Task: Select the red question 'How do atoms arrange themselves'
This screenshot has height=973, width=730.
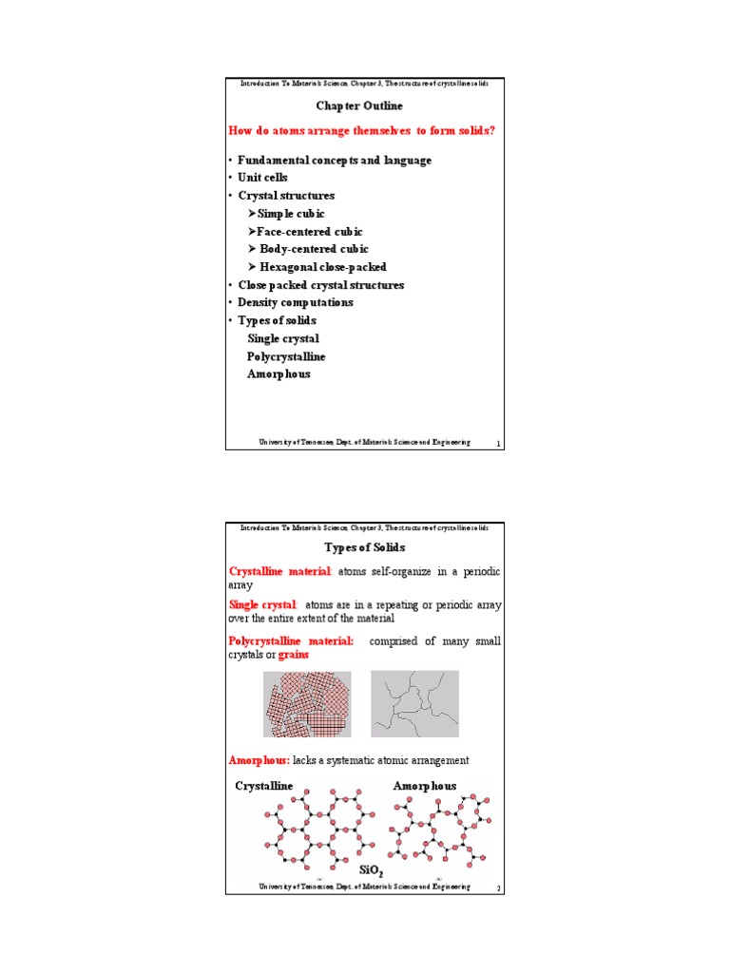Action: tap(362, 130)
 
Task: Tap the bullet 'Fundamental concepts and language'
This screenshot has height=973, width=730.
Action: tap(334, 161)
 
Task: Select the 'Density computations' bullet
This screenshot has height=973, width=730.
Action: tap(295, 302)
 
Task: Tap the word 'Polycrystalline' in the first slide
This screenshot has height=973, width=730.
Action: tap(285, 356)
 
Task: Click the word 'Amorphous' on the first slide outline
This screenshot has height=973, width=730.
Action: tap(279, 374)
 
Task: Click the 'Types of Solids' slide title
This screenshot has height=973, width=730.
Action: tap(364, 548)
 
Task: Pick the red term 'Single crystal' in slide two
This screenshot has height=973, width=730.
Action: tap(262, 605)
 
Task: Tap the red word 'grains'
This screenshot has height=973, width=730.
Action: tap(293, 656)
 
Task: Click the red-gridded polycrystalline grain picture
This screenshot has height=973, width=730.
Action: tap(306, 703)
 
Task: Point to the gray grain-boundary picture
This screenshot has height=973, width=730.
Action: tap(414, 703)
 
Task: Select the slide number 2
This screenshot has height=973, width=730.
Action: tap(497, 888)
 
